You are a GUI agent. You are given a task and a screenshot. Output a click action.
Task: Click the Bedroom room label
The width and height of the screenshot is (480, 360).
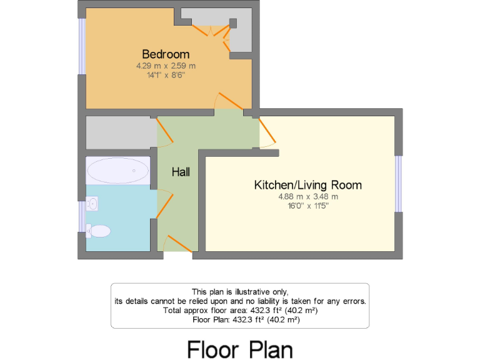pos(166,54)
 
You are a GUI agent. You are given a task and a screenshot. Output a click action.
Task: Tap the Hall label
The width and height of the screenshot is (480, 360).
pos(181,172)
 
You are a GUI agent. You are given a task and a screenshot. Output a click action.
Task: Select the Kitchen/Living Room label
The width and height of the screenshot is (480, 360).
pos(307,185)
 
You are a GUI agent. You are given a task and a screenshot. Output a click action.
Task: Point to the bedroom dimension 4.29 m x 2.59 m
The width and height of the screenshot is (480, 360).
pos(166,66)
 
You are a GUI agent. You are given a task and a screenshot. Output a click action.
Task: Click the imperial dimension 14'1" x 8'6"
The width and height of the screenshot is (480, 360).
pos(166,75)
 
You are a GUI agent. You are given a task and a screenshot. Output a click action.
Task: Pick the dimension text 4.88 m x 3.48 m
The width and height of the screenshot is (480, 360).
pos(307,196)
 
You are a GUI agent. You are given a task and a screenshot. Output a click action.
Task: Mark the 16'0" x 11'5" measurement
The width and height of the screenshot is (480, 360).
pos(307,206)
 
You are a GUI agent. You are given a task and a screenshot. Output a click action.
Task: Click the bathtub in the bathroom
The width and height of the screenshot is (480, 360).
pos(118,170)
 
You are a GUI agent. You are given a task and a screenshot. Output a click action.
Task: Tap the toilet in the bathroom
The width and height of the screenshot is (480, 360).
pos(99,231)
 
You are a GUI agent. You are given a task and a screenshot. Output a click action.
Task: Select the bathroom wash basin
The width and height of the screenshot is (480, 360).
pos(92,202)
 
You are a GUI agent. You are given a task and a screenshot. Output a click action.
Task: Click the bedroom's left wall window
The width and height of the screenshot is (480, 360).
pos(81,47)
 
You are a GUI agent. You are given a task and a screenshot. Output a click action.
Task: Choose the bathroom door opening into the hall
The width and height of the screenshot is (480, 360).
pos(163,204)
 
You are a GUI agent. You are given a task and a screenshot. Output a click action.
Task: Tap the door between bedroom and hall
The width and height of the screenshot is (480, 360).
pos(226,100)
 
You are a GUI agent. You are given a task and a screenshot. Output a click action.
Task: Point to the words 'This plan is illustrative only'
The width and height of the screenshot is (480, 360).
pos(239,292)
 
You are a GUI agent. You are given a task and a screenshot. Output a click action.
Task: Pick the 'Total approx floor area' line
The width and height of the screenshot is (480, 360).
pos(239,310)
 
